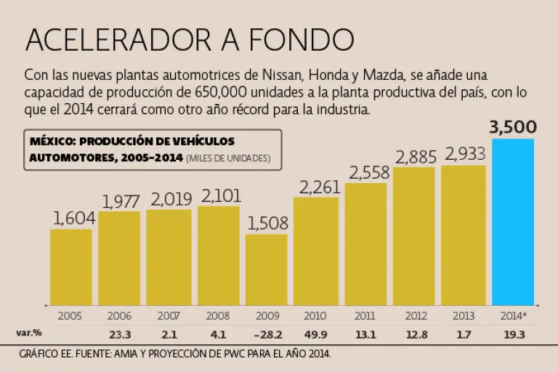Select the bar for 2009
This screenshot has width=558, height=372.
267,269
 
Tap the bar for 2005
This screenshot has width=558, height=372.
71,267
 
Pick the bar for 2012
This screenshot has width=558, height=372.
414,236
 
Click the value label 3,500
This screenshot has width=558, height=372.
513,128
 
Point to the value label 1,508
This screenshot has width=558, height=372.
267,223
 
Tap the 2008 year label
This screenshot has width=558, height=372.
218,316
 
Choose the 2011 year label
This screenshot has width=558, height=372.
365,316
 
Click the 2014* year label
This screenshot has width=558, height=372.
513,316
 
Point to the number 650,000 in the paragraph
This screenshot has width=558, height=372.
222,93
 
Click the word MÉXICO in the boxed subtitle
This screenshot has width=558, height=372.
50,141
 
